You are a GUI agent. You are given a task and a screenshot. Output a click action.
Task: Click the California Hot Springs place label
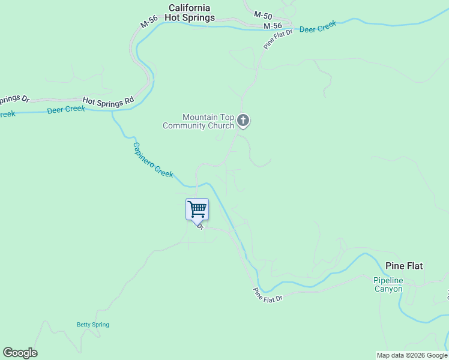(x=190, y=13)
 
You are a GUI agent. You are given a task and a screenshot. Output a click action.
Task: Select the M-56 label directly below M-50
(x=273, y=26)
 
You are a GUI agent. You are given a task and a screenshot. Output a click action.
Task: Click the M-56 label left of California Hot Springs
(x=149, y=22)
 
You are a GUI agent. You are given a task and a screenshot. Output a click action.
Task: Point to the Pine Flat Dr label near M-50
(x=277, y=38)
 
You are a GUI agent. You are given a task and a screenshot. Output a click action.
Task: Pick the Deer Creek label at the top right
(x=318, y=28)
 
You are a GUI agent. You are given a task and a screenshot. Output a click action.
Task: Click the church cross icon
(x=243, y=121)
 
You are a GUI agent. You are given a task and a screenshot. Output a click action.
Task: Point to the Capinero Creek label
(x=152, y=160)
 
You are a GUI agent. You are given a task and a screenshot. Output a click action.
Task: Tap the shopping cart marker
(x=197, y=209)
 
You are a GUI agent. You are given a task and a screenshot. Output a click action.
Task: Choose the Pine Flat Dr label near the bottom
(x=268, y=295)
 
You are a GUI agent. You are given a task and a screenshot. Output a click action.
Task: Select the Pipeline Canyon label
(x=388, y=284)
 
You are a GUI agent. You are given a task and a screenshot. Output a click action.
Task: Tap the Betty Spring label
(x=93, y=325)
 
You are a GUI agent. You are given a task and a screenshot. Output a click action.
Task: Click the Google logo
(x=20, y=353)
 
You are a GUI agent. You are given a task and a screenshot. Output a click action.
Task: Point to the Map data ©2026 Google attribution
(x=412, y=355)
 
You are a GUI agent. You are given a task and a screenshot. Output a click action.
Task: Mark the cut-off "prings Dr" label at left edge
(x=14, y=99)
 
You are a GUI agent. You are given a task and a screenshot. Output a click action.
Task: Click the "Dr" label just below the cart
(x=200, y=227)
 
